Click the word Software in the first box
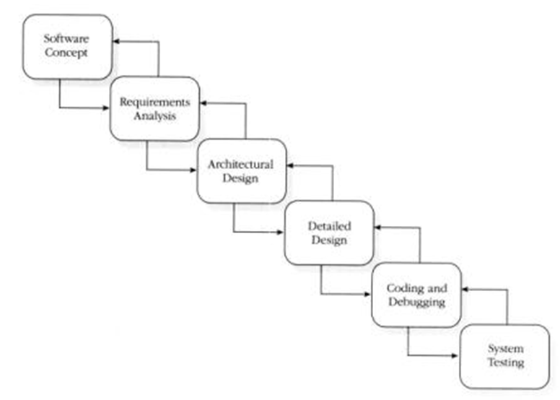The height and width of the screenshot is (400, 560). coord(67,39)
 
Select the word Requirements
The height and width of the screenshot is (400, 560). coord(154,102)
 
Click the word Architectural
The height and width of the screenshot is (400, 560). coord(242,164)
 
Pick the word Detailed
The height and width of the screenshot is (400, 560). coord(329,226)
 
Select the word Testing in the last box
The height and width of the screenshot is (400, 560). coord(504,363)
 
